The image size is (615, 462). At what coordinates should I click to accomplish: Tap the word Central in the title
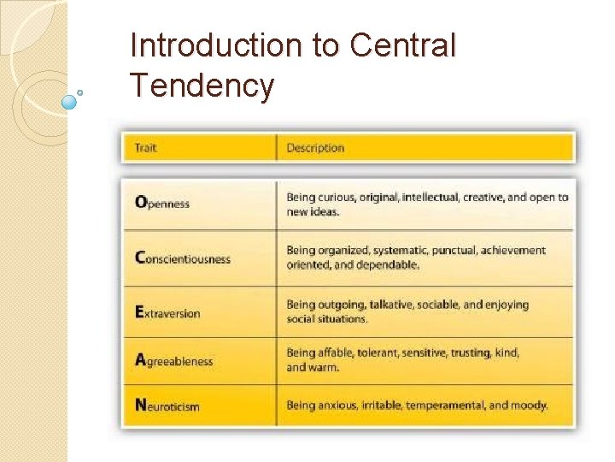tap(402, 46)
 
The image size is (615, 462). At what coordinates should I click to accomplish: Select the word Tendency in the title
tap(202, 86)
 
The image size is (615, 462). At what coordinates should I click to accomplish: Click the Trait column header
tap(146, 148)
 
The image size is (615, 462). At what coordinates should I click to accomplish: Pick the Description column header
tap(315, 148)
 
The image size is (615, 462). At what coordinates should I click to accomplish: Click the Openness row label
tap(162, 204)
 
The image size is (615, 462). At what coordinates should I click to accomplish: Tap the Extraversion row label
tap(167, 312)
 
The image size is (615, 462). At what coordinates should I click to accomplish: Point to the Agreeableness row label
tap(173, 360)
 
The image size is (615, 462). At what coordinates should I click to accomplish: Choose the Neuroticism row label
tap(167, 406)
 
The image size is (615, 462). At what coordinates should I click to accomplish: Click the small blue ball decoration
tap(70, 101)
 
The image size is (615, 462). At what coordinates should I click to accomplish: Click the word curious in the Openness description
tap(336, 198)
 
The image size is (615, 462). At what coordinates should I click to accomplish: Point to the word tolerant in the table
tap(380, 352)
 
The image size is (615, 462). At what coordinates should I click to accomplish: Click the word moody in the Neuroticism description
tap(530, 406)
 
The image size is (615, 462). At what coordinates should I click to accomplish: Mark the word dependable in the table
tap(389, 265)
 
